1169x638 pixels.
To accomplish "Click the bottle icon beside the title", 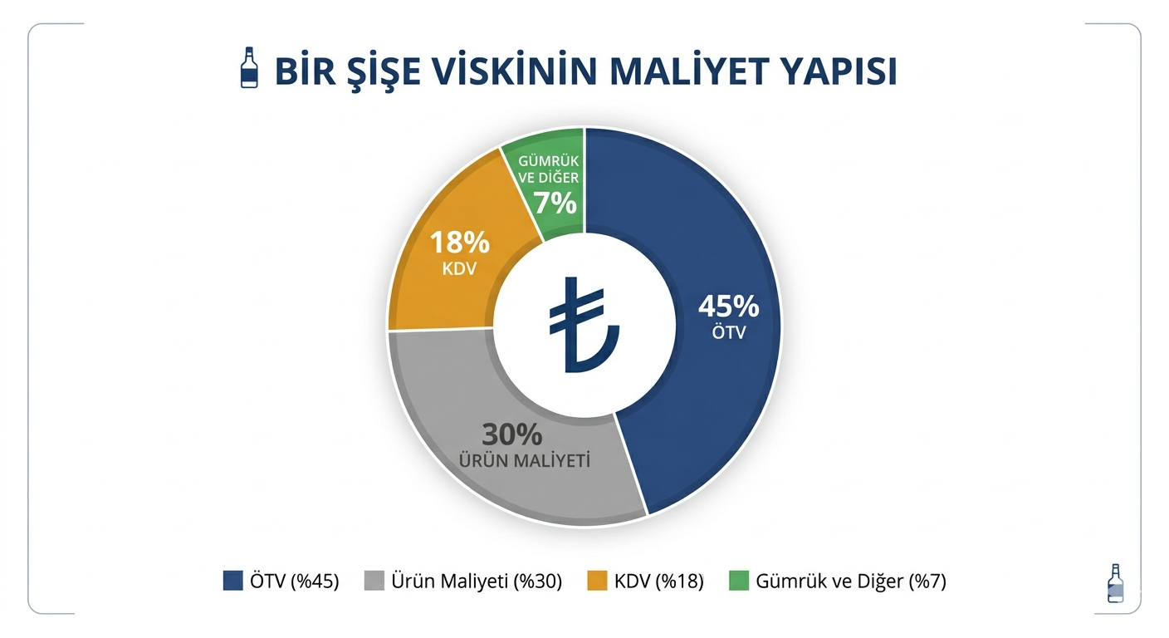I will coord(248,68).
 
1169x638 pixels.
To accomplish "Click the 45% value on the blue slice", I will coord(728,307).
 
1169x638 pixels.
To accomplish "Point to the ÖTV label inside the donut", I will coord(728,332).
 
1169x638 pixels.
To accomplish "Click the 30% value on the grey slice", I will coord(512,434).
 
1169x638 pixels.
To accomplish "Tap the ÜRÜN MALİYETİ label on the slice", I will coord(525,460).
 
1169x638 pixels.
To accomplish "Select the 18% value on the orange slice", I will coord(459,243).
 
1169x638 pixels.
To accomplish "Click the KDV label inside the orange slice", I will coord(459,269).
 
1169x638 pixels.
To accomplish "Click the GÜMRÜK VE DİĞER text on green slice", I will coord(549,169).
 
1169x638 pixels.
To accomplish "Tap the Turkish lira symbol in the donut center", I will coord(583,325).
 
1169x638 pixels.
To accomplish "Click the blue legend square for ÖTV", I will coord(232,581).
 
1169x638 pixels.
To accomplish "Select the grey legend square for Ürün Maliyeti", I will coord(374,581).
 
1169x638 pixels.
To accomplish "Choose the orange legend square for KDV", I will coord(597,581).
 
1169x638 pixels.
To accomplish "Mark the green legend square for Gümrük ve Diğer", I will coord(738,581).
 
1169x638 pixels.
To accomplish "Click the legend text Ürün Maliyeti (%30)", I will coord(476,582).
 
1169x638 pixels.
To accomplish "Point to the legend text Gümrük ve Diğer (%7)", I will coord(851,582).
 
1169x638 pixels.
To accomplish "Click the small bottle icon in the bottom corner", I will coord(1116,583).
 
